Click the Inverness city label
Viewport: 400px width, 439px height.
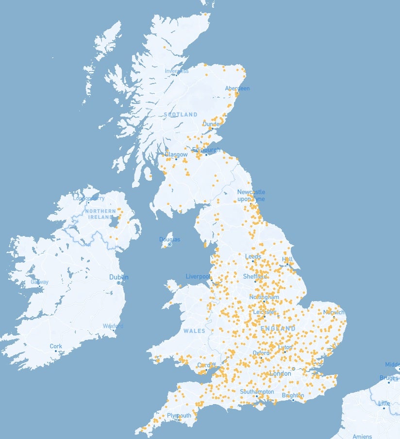(x=176, y=71)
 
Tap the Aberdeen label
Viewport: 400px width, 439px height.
(x=237, y=88)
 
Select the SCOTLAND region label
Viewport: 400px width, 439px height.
(x=181, y=115)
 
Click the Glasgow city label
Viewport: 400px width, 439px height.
(x=176, y=154)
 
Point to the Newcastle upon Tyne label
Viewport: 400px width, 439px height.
(x=251, y=195)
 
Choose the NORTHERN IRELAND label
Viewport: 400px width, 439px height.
(x=100, y=214)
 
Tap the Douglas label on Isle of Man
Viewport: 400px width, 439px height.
(x=169, y=239)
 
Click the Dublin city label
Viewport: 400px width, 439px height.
(x=118, y=277)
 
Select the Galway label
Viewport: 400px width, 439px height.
(x=39, y=282)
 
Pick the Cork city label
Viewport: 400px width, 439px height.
(x=56, y=346)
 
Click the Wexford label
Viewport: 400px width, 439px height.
(x=113, y=326)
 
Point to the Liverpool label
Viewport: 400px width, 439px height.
(x=198, y=276)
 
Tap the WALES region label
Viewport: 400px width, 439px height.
(x=194, y=331)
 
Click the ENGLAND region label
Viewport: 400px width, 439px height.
(x=278, y=329)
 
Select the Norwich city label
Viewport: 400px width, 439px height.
(x=333, y=312)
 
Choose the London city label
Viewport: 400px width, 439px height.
(x=280, y=374)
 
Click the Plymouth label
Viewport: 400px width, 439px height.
(x=179, y=416)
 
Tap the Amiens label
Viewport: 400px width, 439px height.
(x=362, y=436)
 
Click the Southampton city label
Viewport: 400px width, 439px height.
(x=257, y=391)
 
